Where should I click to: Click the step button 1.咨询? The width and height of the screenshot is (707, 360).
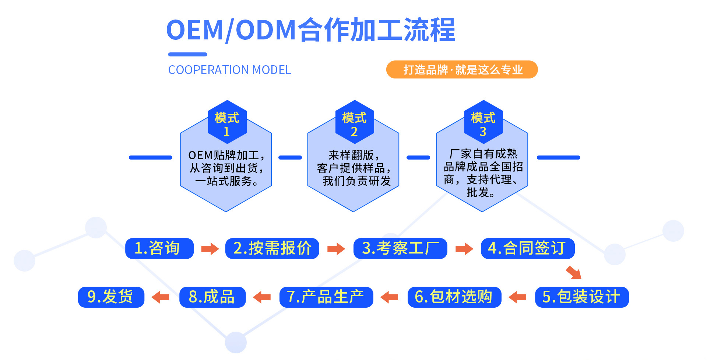click(159, 248)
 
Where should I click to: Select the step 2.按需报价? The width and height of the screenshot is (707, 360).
click(272, 248)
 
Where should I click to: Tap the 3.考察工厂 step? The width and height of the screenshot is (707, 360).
click(400, 248)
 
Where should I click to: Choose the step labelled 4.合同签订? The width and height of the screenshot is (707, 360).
click(527, 248)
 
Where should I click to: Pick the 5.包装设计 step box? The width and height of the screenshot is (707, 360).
click(582, 297)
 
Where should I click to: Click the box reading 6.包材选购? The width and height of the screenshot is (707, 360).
click(454, 297)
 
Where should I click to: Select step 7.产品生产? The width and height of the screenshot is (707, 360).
click(326, 297)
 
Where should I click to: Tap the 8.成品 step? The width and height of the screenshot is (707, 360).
click(212, 297)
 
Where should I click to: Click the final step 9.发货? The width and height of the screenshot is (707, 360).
click(111, 297)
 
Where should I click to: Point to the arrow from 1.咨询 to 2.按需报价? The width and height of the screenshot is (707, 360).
click(210, 249)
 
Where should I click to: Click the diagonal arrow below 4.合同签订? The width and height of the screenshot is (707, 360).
click(574, 273)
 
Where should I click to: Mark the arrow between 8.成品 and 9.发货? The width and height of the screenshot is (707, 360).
click(161, 297)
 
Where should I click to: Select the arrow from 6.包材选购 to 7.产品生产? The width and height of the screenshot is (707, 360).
click(389, 297)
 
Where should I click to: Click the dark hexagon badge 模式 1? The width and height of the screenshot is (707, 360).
click(226, 123)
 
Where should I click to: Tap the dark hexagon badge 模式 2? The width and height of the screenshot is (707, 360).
click(354, 123)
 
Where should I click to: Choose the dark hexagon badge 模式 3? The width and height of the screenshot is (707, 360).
click(483, 123)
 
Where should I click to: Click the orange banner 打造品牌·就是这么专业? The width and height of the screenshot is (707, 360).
click(462, 70)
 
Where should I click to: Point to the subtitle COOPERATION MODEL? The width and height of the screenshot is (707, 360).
click(229, 70)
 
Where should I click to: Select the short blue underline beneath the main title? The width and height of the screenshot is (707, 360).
click(187, 55)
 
